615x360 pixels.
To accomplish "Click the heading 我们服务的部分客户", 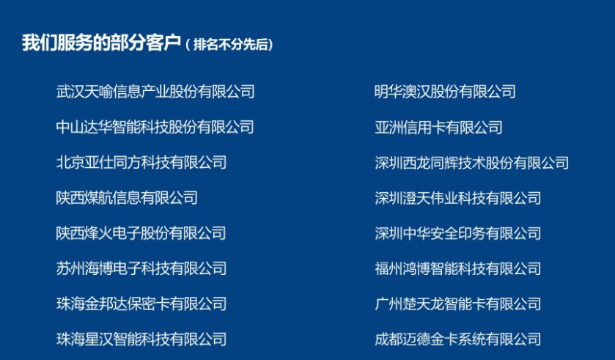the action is click(x=102, y=43).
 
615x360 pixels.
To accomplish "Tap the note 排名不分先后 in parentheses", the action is click(x=233, y=44).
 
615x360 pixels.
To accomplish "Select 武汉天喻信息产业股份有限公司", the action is click(x=155, y=92).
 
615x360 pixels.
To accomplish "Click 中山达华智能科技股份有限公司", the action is click(x=155, y=127).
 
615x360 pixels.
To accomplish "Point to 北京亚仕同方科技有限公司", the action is click(x=141, y=162).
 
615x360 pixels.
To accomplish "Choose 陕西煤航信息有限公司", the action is click(x=127, y=198).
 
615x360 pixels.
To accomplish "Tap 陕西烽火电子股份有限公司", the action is click(x=141, y=233).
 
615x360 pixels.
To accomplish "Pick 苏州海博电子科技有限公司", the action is click(x=141, y=268).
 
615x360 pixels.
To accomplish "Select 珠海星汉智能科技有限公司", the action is click(x=141, y=339).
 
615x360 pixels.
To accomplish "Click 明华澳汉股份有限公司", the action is click(x=445, y=92).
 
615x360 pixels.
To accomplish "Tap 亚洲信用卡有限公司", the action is click(x=438, y=127).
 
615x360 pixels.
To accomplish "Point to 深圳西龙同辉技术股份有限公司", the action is click(x=471, y=163).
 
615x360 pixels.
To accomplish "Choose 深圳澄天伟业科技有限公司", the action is click(x=457, y=198).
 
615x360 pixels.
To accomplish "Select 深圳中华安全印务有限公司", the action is click(x=457, y=233).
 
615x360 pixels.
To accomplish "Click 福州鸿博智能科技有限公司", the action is click(x=457, y=268).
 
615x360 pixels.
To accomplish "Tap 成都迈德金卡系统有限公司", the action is click(x=457, y=339).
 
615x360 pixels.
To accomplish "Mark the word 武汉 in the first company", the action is click(x=70, y=92).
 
